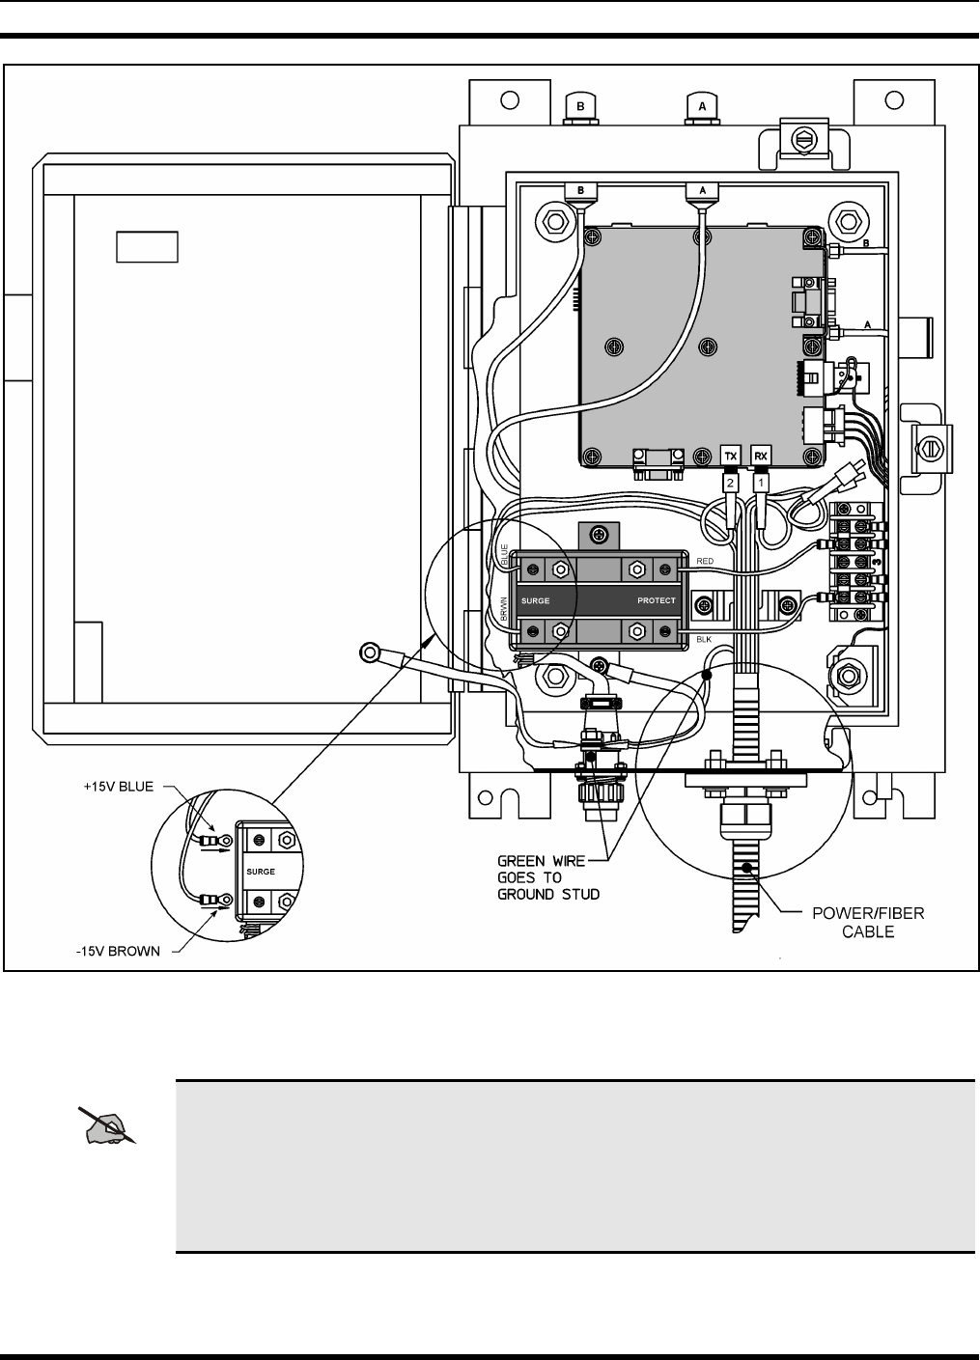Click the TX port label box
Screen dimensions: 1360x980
coord(731,454)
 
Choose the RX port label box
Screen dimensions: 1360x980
coord(762,454)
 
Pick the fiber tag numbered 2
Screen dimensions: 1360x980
coord(731,480)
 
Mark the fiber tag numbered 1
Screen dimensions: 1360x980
coord(762,480)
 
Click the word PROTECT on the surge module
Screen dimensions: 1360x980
coord(657,600)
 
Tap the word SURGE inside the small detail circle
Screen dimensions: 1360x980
coord(262,871)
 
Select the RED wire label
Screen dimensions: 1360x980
coord(705,560)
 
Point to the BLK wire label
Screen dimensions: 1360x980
coord(703,639)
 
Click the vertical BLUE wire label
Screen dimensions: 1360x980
coord(504,554)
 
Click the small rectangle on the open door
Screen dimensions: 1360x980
coord(148,246)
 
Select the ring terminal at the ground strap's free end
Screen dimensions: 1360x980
coord(369,653)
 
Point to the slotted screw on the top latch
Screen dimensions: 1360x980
coord(800,140)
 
